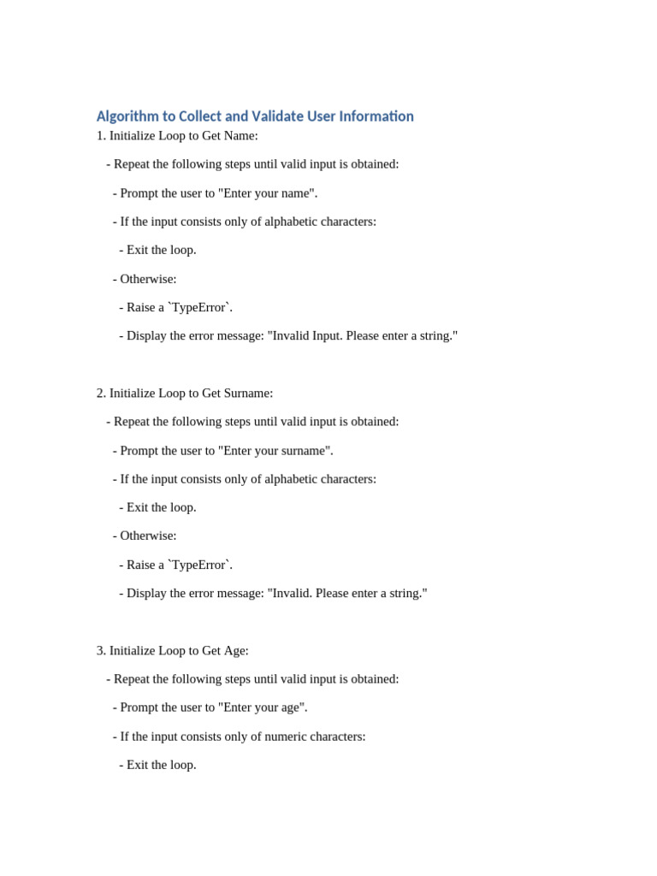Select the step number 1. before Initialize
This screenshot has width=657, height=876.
pyautogui.click(x=101, y=136)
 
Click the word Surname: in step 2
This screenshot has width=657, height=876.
pyautogui.click(x=248, y=394)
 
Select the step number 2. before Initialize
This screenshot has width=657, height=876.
pyautogui.click(x=101, y=394)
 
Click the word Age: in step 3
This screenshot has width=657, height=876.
pyautogui.click(x=236, y=651)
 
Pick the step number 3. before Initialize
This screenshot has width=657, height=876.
pyautogui.click(x=101, y=651)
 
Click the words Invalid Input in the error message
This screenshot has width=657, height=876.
pyautogui.click(x=305, y=336)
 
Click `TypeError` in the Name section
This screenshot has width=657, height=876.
pyautogui.click(x=200, y=308)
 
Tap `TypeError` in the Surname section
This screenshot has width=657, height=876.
pyautogui.click(x=200, y=565)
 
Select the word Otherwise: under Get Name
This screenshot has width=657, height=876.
pyautogui.click(x=148, y=279)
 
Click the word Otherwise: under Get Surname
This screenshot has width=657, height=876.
pyautogui.click(x=148, y=536)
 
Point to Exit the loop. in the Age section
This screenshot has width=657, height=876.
pyautogui.click(x=161, y=765)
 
